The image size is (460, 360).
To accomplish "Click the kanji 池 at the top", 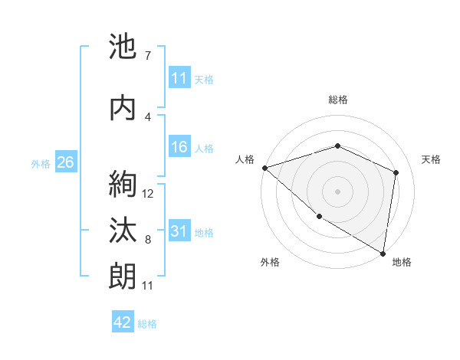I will click(123, 47).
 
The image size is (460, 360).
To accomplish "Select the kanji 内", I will click(123, 108).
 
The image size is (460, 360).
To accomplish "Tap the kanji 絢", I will click(123, 185).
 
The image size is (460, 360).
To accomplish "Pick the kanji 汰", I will click(123, 231).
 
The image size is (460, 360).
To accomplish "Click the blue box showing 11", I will click(179, 78).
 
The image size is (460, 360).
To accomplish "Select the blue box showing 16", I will click(179, 148).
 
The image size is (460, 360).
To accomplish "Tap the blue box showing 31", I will click(179, 231).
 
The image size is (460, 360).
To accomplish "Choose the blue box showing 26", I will click(66, 162).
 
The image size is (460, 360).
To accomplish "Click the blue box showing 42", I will click(123, 322).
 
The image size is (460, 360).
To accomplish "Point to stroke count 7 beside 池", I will click(147, 56).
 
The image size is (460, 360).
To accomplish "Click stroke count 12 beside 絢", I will click(148, 194).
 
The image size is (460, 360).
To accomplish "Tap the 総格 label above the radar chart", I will click(338, 100).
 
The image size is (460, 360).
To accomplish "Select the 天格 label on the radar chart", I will click(431, 159).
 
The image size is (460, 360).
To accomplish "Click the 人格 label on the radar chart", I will click(245, 159).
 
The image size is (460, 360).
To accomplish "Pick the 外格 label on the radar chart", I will click(270, 262).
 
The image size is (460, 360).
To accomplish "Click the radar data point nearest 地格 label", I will click(383, 253).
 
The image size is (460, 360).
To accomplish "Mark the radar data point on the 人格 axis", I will click(264, 167).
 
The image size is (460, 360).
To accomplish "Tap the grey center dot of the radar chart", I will click(338, 191).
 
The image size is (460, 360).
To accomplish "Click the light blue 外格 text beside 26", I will click(41, 163).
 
